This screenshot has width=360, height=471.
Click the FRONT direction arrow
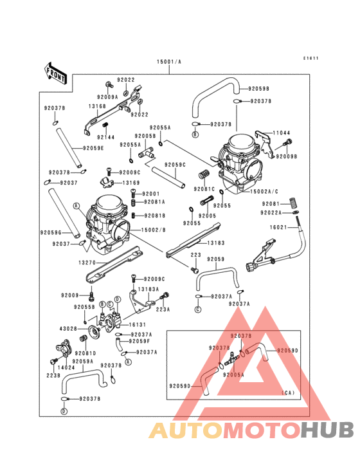(56, 73)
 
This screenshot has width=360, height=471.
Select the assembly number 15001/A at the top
(169, 62)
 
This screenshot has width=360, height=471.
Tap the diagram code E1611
(311, 59)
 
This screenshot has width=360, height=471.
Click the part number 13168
(97, 107)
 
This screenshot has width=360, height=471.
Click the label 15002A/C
(265, 192)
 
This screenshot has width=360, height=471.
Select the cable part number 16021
(278, 227)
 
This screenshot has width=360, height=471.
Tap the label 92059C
(175, 165)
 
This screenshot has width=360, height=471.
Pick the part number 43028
(68, 329)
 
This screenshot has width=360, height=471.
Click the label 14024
(66, 367)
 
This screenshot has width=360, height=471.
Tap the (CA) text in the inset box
(289, 392)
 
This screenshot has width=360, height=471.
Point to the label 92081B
(154, 216)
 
